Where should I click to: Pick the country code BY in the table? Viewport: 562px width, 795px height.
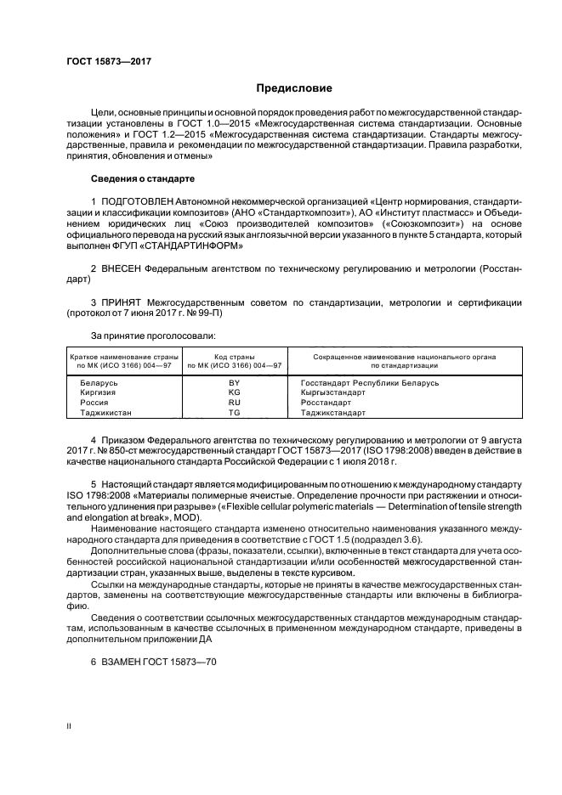[x=235, y=384]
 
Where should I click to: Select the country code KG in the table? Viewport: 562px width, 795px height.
[x=235, y=393]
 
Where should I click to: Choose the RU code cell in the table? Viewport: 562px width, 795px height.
[x=235, y=403]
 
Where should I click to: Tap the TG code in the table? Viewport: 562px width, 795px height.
[x=235, y=413]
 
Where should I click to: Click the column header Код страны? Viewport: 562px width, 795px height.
[x=235, y=356]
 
